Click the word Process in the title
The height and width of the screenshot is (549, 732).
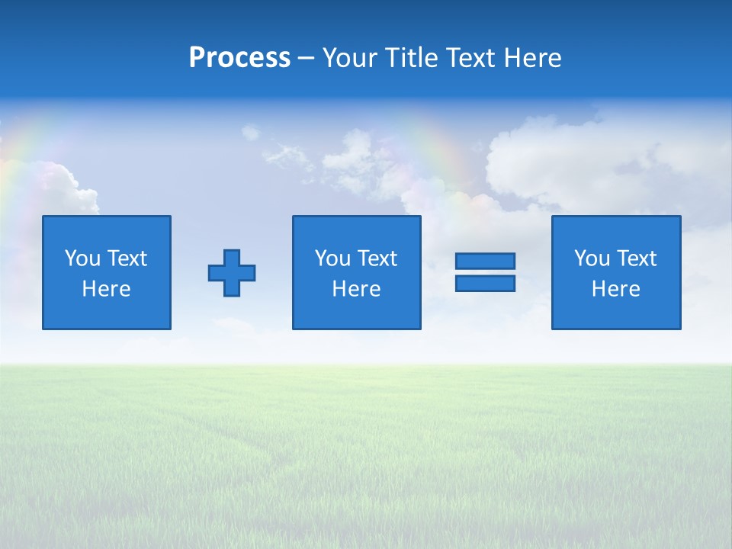pos(239,58)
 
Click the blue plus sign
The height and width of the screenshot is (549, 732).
pos(232,273)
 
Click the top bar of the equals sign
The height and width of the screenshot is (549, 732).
pos(485,261)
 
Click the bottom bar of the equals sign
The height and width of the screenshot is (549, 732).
pos(485,284)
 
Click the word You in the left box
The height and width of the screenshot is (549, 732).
pos(82,258)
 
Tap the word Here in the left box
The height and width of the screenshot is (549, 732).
pos(107,289)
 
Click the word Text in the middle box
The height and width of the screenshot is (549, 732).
pos(377,258)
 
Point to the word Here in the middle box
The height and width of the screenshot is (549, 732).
pos(357,289)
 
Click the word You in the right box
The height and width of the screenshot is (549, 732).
pos(592,258)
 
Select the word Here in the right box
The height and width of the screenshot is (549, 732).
pos(616,289)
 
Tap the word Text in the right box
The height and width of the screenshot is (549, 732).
pos(637,258)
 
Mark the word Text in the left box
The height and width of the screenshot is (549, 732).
pos(127,258)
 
